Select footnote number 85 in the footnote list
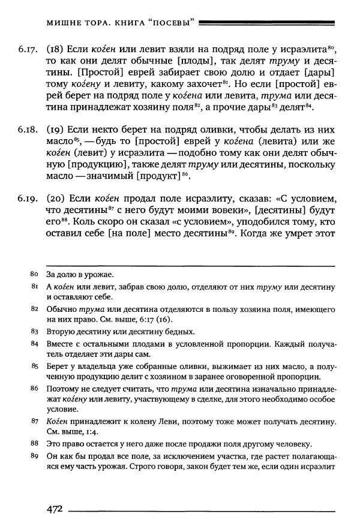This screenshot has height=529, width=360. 34,365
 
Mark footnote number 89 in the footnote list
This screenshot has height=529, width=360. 34,456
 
